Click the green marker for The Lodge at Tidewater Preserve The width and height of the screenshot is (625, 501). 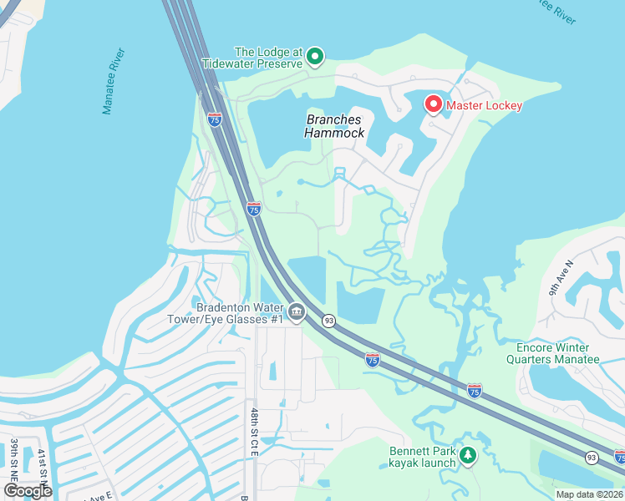tap(315, 57)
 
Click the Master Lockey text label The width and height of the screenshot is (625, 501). tap(484, 105)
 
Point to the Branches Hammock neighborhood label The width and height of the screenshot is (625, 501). tap(334, 126)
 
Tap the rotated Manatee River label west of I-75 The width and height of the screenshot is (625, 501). tap(114, 81)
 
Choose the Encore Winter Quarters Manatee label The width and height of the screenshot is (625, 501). tap(552, 353)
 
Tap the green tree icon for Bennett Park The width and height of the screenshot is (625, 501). tap(468, 456)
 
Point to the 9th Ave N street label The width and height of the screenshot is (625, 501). tap(561, 277)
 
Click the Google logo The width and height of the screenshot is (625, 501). tap(28, 491)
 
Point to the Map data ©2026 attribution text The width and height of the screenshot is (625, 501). tap(588, 493)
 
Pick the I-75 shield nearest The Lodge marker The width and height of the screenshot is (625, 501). tap(215, 119)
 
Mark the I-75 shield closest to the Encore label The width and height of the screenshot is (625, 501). tap(474, 391)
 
